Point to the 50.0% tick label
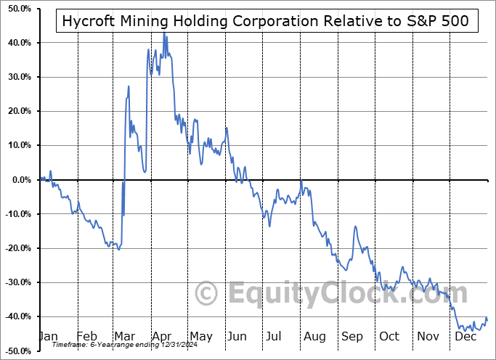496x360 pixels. pos(17,9)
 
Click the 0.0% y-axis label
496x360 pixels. pos(20,180)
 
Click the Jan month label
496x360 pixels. pos(48,336)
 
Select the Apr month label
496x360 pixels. pos(160,336)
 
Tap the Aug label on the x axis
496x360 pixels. pos(314,336)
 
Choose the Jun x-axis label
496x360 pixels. pos(237,336)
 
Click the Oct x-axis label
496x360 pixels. pos(389,336)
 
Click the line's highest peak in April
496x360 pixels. pos(164,33)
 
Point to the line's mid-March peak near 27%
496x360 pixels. pos(129,86)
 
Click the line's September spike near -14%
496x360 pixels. pos(355,227)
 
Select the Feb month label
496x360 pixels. pos(86,336)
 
